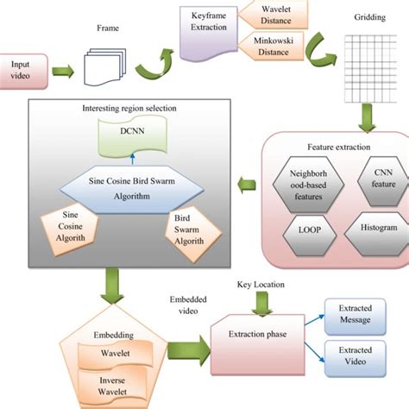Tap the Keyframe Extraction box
(208, 22)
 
